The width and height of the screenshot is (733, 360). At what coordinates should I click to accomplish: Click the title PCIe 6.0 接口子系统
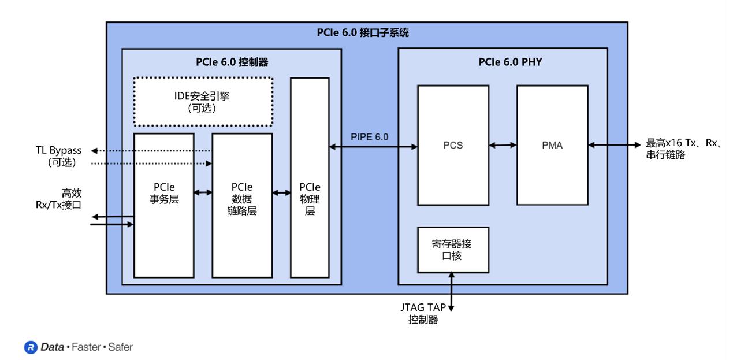(x=363, y=32)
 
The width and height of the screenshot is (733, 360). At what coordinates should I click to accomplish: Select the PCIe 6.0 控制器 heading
(x=232, y=62)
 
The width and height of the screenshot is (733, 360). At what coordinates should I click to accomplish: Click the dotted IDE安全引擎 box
(x=203, y=102)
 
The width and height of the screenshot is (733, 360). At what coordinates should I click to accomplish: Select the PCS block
(x=453, y=146)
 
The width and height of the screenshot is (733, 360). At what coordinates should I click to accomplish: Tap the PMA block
(x=552, y=146)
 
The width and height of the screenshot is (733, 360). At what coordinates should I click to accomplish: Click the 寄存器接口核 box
(x=453, y=250)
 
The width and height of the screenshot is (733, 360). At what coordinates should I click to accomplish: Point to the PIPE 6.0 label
(x=370, y=137)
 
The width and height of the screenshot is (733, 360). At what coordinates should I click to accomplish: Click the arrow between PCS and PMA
(x=503, y=146)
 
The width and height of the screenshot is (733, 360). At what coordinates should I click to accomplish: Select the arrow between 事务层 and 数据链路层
(x=203, y=192)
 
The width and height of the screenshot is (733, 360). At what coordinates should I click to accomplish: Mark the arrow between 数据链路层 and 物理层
(x=281, y=192)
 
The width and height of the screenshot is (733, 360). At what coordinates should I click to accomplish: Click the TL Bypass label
(x=58, y=151)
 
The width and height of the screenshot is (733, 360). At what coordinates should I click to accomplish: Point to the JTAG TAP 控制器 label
(x=423, y=313)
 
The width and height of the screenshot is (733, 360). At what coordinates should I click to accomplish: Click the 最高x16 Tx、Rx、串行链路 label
(x=684, y=149)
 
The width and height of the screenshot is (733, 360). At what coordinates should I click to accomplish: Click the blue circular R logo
(x=30, y=347)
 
